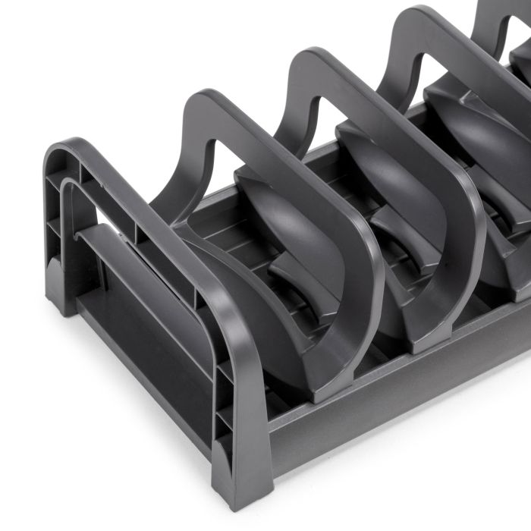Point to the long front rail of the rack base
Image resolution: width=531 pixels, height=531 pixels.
tap(394, 394)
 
